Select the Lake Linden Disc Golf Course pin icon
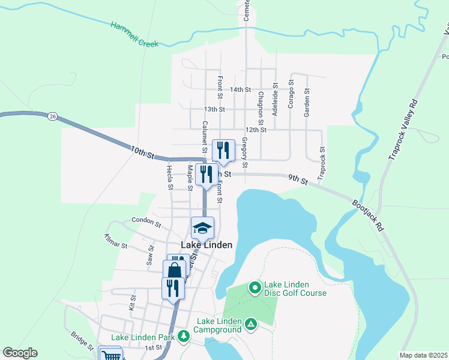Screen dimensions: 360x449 [254, 289]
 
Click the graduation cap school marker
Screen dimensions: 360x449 [203, 227]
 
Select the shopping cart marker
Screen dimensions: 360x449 [110, 356]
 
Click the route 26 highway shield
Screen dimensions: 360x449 [53, 116]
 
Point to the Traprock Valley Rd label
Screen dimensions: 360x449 [402, 128]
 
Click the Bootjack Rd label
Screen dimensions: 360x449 [367, 215]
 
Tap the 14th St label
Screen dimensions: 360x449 [240, 89]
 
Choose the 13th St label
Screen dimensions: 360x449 [214, 109]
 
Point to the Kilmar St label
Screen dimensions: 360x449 [116, 241]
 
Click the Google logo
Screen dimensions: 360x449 [20, 353]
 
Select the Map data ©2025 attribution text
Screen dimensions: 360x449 [423, 355]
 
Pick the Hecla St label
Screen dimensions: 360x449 [170, 178]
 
